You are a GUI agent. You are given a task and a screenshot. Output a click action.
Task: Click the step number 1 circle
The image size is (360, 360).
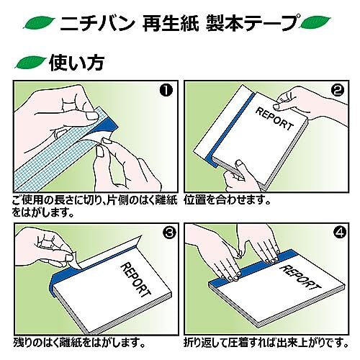(166, 91)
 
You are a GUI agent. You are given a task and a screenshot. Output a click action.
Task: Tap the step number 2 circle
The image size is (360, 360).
(338, 91)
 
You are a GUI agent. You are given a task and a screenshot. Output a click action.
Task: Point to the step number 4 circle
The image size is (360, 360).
(341, 233)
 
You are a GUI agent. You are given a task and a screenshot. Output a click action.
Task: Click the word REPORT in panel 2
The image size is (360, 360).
(275, 119)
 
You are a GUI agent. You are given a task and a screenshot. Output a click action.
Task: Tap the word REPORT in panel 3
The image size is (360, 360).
(135, 279)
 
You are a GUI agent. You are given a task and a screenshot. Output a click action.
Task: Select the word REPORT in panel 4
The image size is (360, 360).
(300, 279)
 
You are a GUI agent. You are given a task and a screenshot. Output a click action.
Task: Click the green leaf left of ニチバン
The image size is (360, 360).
(39, 22)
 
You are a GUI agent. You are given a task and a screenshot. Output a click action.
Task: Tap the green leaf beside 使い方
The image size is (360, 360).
(30, 63)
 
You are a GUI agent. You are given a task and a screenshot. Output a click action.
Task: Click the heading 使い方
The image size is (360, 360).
(76, 63)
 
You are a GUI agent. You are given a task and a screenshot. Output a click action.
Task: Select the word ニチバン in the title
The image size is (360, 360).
(97, 23)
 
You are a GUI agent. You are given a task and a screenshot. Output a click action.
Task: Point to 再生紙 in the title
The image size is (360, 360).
(171, 23)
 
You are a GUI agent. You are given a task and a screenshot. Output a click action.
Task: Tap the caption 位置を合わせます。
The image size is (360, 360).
(227, 199)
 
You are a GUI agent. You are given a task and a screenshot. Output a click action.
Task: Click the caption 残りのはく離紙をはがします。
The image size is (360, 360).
(79, 343)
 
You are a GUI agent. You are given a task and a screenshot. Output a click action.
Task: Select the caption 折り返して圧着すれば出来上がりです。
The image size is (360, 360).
(266, 343)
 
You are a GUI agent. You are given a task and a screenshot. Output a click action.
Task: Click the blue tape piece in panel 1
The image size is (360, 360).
(106, 127)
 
